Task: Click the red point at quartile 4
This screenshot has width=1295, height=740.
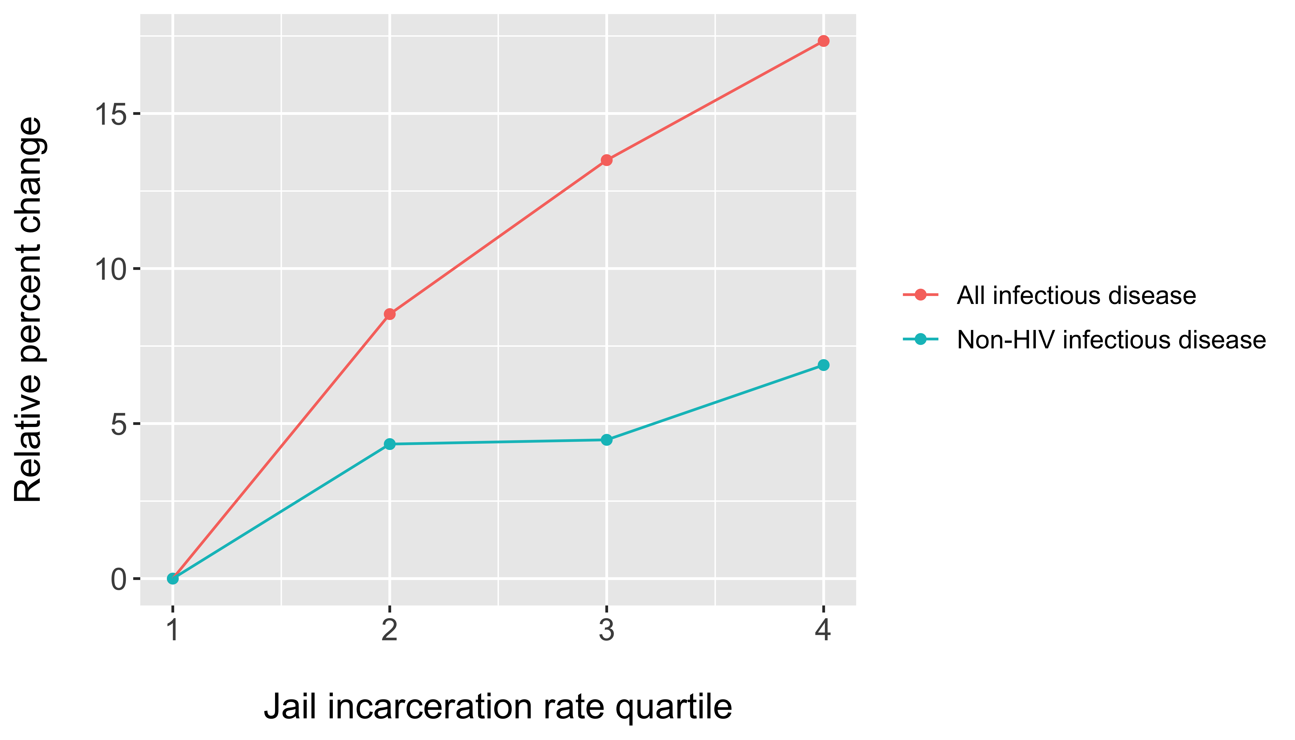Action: pos(823,41)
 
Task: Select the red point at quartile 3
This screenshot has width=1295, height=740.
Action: pos(606,160)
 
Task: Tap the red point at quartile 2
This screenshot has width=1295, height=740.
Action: pos(389,314)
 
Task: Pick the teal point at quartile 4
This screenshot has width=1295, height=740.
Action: pos(823,365)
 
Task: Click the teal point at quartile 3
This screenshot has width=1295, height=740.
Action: pos(606,440)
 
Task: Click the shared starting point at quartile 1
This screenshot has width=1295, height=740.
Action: pos(173,578)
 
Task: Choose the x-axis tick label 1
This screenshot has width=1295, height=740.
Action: pos(173,630)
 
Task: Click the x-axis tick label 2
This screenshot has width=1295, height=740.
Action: pos(389,630)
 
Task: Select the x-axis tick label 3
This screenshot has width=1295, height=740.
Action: pos(606,630)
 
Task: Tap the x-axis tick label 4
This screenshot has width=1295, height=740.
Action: pos(823,630)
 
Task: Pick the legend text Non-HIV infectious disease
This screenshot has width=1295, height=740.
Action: pos(1111,339)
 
